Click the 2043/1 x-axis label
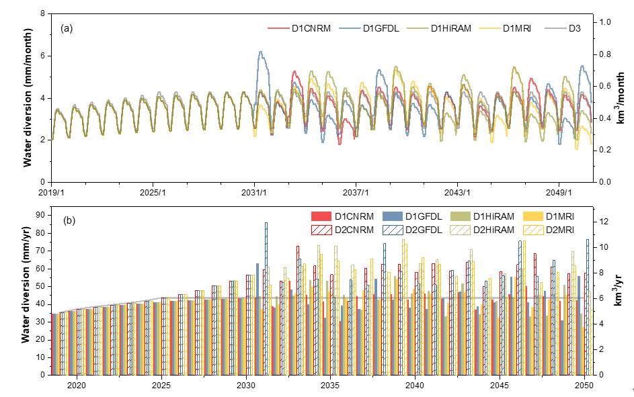point(458,193)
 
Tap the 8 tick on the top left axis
point(43,13)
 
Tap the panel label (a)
point(67,28)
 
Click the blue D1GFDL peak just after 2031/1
point(261,52)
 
